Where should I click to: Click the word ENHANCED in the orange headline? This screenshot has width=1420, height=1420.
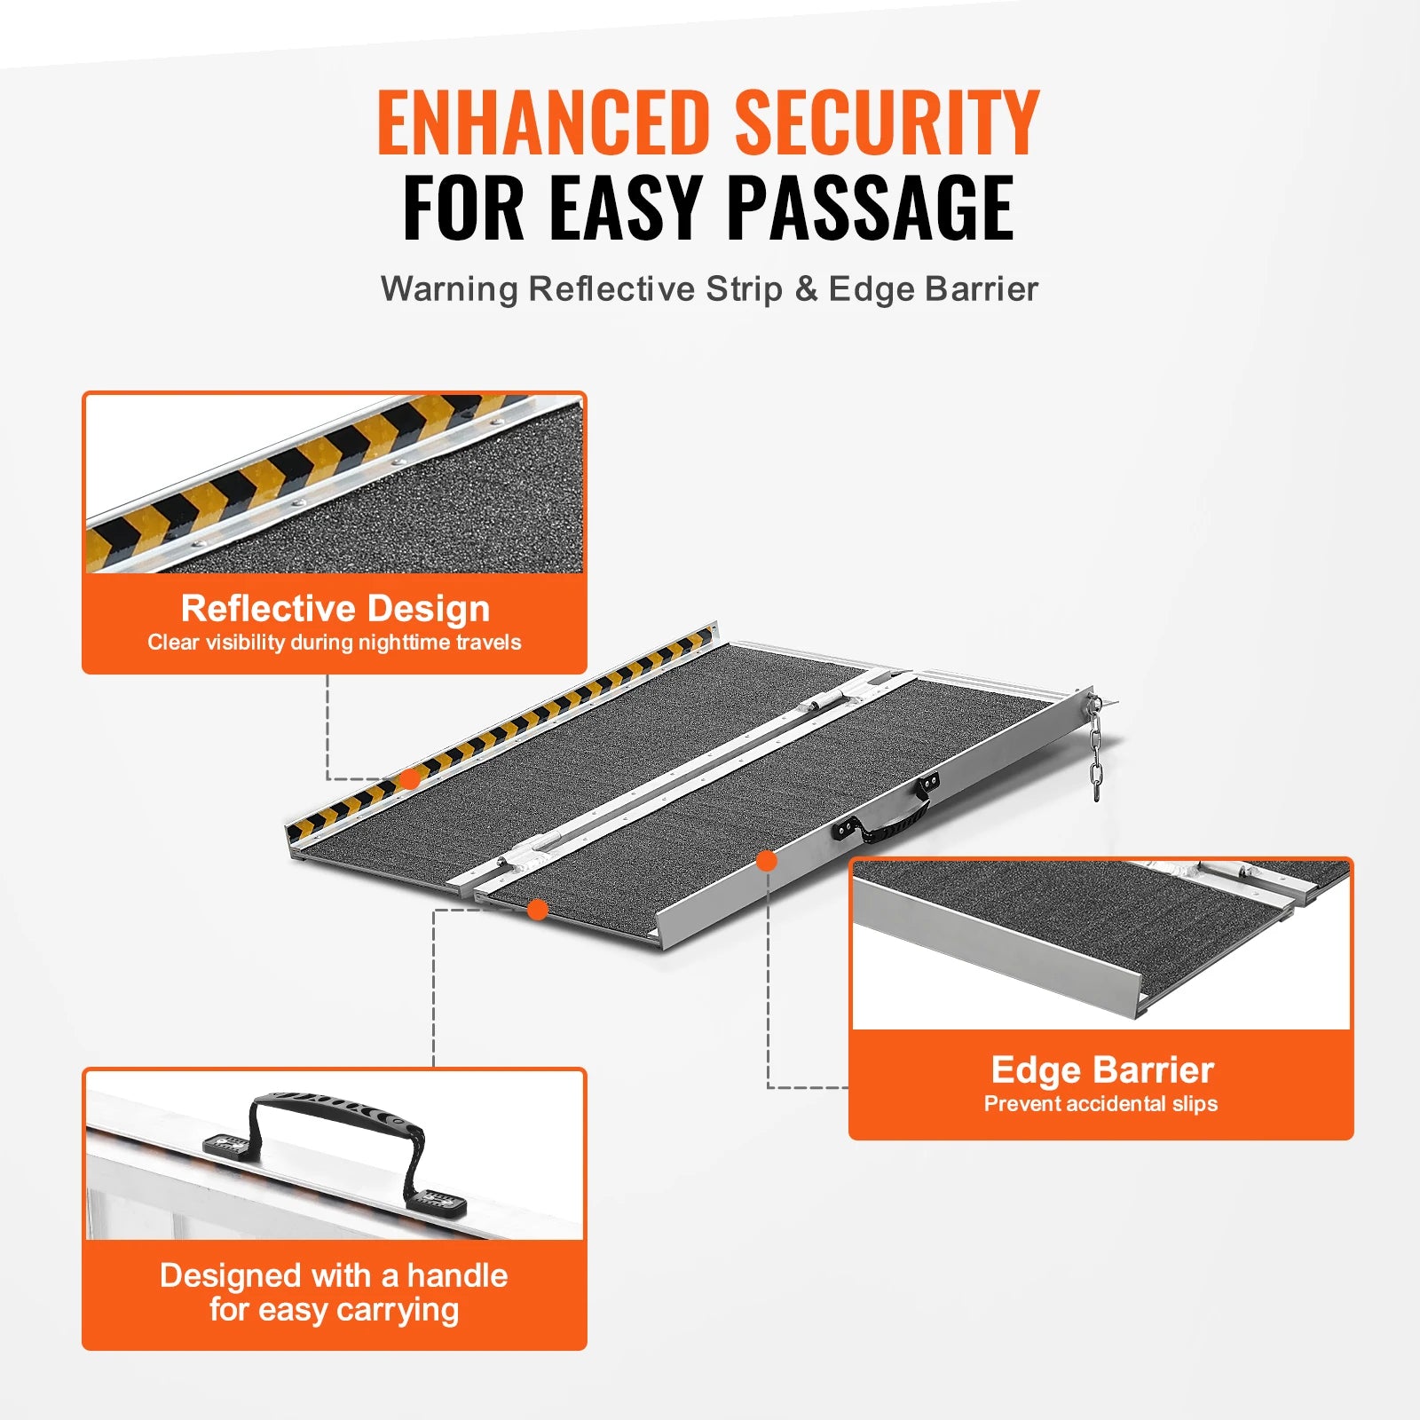coord(543,123)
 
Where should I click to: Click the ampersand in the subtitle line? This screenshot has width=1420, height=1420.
coord(806,289)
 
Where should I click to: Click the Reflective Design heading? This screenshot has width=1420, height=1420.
coord(335,609)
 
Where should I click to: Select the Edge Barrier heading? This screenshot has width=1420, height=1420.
coord(1101,1070)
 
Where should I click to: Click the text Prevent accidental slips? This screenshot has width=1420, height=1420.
coord(1100,1104)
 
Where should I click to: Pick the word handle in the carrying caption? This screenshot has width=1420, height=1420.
coord(457,1276)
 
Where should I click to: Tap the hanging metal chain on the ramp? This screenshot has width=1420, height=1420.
coord(1096,750)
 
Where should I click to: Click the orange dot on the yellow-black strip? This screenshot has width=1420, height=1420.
coord(409,779)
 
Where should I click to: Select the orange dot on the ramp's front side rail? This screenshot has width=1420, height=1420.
coord(767,860)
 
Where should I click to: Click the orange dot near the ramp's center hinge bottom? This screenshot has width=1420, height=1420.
coord(537,909)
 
